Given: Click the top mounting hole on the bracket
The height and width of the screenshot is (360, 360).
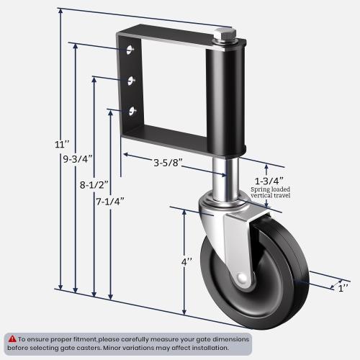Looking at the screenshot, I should [130, 50].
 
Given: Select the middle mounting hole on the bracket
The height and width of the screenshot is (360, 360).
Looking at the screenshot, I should [131, 80].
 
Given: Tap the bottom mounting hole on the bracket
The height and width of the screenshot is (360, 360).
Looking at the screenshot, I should [132, 110].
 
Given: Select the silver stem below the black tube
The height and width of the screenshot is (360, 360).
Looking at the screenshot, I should [222, 180].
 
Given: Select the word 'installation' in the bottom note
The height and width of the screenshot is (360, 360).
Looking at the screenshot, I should [204, 347].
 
